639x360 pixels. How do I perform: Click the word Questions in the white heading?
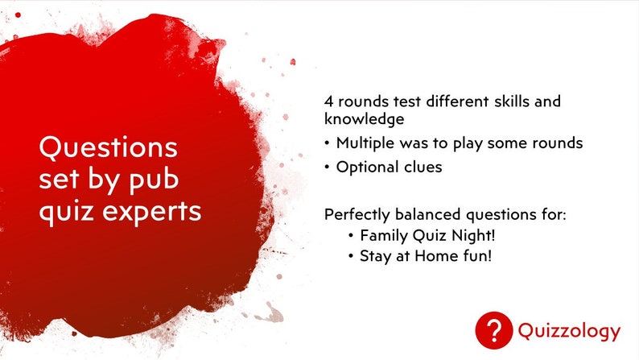[x=109, y=147]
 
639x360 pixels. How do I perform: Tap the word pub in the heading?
[x=154, y=180]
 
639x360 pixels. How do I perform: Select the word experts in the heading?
[x=151, y=212]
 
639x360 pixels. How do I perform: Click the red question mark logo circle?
[x=494, y=330]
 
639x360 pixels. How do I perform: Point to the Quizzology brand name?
[x=569, y=331]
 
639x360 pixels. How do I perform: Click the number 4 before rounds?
[x=328, y=101]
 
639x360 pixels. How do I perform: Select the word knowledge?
[x=365, y=119]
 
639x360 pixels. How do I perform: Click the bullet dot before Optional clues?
[x=327, y=168]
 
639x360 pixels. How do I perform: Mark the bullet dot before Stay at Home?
[x=351, y=256]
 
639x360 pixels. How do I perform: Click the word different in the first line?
[x=457, y=101]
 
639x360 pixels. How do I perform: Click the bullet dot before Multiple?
[x=327, y=143]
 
